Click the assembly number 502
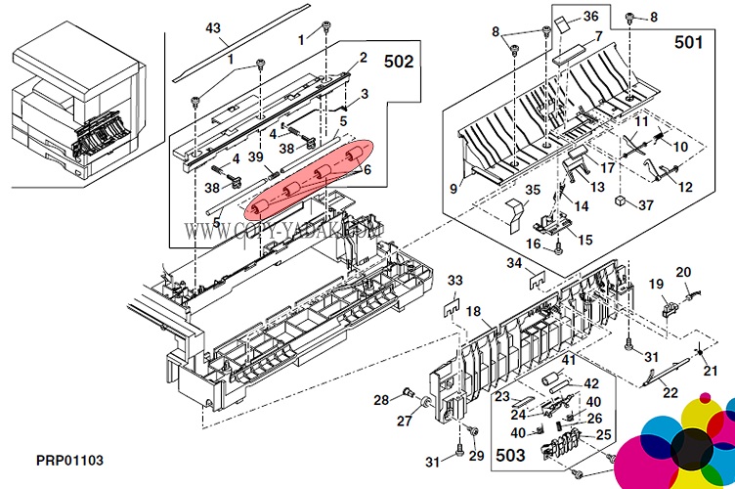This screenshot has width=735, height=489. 397,61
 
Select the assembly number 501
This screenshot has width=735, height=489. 687,43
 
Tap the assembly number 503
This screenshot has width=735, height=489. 511,456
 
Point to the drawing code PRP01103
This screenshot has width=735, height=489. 70,461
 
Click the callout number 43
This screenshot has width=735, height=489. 213,28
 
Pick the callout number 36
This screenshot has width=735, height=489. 618,17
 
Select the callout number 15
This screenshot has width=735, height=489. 585,240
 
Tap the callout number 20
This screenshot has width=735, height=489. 684,272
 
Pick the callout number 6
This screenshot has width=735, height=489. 367,169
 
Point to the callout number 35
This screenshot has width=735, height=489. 533,190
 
